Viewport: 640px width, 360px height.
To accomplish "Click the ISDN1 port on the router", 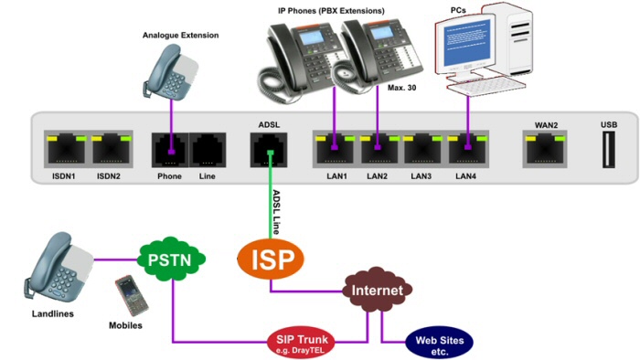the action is (66, 149).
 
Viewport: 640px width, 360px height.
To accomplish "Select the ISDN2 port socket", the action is (111, 149).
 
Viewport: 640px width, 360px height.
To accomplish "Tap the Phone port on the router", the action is (170, 150).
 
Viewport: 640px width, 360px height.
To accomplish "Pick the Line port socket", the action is (208, 150).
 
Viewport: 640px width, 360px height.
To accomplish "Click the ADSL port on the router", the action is (269, 150).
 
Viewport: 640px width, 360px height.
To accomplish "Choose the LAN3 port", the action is (422, 149).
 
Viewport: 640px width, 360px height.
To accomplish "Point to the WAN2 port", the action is (545, 149).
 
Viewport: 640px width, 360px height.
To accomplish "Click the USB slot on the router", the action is (609, 150).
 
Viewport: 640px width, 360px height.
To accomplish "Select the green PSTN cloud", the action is (171, 259).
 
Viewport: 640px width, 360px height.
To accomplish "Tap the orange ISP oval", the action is (271, 259).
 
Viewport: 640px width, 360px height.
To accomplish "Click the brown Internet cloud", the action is (377, 290).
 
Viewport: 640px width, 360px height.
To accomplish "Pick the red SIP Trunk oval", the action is (301, 343).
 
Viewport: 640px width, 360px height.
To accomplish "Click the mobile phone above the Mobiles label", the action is (132, 295).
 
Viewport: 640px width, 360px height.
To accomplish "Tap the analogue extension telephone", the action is (170, 72).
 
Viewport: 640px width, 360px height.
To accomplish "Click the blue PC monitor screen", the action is (466, 42).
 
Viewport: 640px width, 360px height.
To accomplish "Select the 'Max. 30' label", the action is (401, 88).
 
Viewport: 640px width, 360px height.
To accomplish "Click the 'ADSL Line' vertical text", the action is (276, 212).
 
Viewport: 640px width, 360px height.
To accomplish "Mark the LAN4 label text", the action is (465, 176).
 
